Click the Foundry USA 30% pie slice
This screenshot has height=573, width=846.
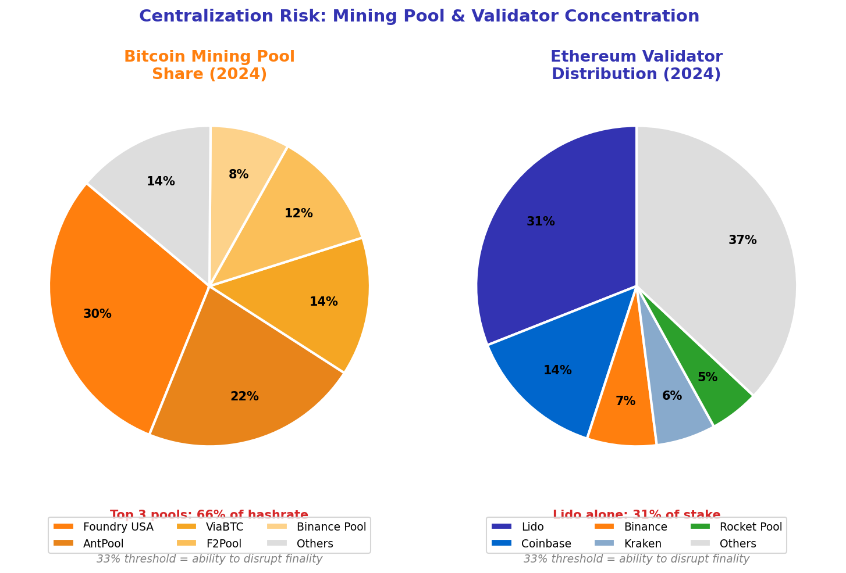pos(116,302)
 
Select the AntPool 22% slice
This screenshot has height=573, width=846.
pos(239,384)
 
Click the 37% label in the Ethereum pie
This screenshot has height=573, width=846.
pos(742,240)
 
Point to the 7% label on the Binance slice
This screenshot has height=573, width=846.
pos(625,401)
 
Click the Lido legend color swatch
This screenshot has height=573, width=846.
pos(502,527)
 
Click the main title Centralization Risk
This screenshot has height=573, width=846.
pos(419,16)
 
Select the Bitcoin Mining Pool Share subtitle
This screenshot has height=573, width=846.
pos(209,66)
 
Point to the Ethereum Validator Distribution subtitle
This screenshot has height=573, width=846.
pos(637,66)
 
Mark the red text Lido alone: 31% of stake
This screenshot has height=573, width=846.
pos(637,514)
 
